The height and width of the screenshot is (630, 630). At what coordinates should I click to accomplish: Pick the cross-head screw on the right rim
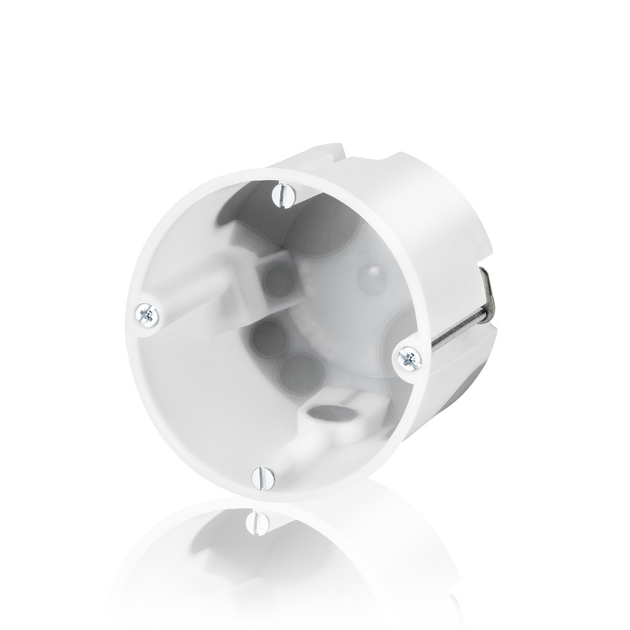409,358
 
